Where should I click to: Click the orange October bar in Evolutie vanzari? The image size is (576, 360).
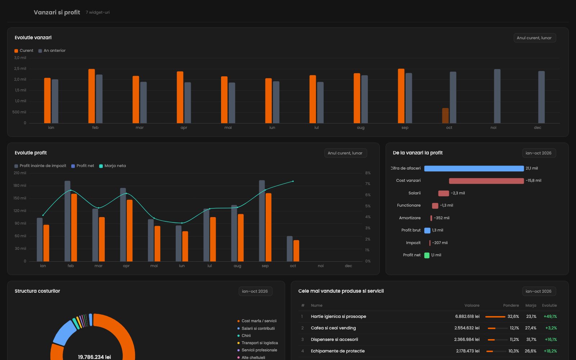pos(445,116)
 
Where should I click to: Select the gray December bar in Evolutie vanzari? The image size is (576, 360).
pos(541,97)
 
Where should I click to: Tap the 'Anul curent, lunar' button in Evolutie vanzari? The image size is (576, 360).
pos(535,38)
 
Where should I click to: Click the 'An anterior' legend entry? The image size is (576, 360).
pos(52,51)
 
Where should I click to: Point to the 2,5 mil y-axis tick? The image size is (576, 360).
pos(20,69)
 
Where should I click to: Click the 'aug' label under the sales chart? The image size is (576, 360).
pos(360,127)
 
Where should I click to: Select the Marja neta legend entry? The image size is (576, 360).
pos(113,166)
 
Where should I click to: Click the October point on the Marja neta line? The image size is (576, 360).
pos(293,181)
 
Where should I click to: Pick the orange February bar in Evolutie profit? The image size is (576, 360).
pos(74,228)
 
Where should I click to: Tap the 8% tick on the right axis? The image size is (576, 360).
pos(368,173)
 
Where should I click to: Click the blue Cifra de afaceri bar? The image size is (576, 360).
pos(474,168)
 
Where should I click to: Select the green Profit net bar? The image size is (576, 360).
pos(427,255)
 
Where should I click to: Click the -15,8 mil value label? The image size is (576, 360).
pos(533,180)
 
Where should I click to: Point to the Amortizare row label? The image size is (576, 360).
pos(410,218)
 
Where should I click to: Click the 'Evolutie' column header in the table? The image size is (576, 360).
pos(549,306)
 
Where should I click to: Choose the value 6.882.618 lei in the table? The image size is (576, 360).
pos(467,316)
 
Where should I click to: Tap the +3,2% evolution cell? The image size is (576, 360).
pos(551,328)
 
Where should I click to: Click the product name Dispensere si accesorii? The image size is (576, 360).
pos(334,340)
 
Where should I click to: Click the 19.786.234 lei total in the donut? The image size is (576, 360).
pos(94,357)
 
